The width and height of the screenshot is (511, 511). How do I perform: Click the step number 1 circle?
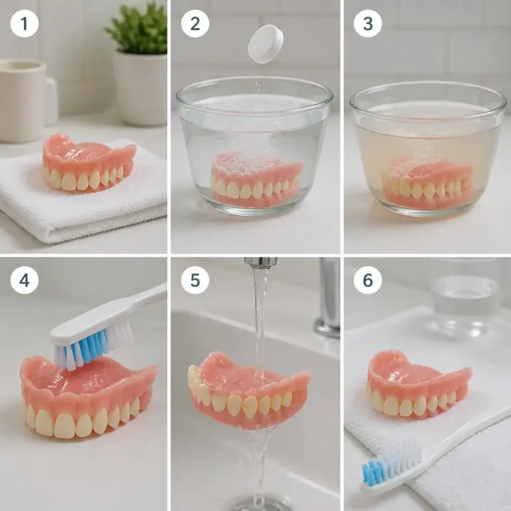click(x=25, y=23)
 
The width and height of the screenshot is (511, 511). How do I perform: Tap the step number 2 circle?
click(x=195, y=23)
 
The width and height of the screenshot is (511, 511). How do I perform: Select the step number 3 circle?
click(x=368, y=23)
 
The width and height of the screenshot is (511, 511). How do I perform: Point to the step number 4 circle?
click(x=25, y=280)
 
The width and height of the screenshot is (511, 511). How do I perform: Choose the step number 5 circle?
click(x=195, y=280)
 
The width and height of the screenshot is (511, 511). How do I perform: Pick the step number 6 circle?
click(x=368, y=280)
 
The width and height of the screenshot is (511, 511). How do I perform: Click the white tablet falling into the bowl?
click(x=265, y=44)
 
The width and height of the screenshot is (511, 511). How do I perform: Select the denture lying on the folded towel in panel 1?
click(x=88, y=163)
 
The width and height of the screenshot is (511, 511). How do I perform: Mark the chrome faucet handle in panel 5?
click(x=328, y=298)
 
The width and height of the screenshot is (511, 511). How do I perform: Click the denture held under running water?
click(x=249, y=391)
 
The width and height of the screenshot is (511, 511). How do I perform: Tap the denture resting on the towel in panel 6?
click(x=419, y=385)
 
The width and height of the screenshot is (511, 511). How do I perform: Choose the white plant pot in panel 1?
click(x=140, y=88)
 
